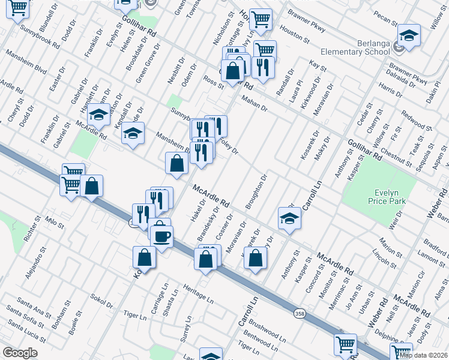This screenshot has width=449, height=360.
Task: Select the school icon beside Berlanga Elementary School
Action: pyautogui.click(x=409, y=35)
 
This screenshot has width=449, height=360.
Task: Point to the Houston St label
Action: pyautogui.click(x=294, y=35)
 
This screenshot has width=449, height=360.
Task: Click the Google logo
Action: pyautogui.click(x=20, y=353)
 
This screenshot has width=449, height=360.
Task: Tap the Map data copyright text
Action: pyautogui.click(x=423, y=355)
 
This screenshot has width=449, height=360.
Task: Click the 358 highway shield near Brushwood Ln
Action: pyautogui.click(x=300, y=313)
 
